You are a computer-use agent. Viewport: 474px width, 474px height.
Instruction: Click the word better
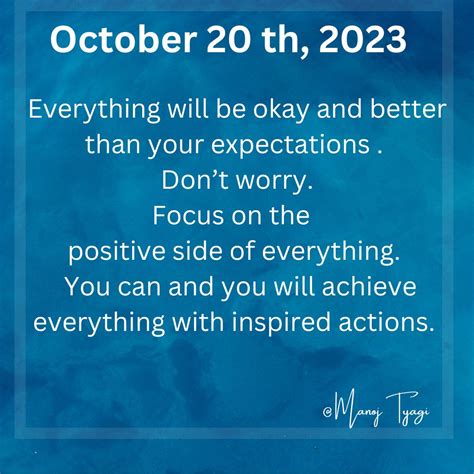tap(408, 108)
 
